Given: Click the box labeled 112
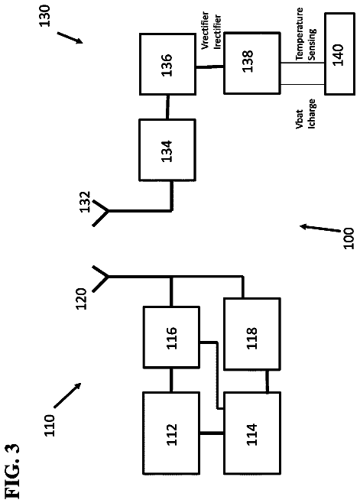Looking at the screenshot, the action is click(x=170, y=433).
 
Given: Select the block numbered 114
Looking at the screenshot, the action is click(x=252, y=433).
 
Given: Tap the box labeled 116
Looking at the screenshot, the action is click(x=171, y=337).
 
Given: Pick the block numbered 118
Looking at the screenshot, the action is click(x=252, y=333).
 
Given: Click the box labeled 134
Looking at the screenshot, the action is click(x=167, y=150).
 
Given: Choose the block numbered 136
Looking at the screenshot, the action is click(x=167, y=64).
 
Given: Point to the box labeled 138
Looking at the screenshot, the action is click(x=252, y=63).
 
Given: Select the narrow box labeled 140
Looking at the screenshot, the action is click(x=340, y=54).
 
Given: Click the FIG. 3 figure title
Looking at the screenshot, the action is click(x=12, y=471).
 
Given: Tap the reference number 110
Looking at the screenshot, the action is click(x=49, y=425).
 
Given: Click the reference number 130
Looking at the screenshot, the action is click(x=44, y=16).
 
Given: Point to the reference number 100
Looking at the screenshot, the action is click(x=349, y=238).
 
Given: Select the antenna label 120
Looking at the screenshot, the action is click(x=81, y=299).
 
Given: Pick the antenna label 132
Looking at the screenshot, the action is click(x=85, y=202).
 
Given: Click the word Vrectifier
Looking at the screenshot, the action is click(x=206, y=31).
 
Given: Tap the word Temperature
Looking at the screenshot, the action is click(x=300, y=34).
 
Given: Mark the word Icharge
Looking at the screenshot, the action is click(x=311, y=114).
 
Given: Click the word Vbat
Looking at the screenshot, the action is click(x=299, y=119).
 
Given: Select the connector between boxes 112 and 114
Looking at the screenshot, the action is click(x=211, y=433).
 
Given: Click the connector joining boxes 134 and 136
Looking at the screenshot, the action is click(x=167, y=107).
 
